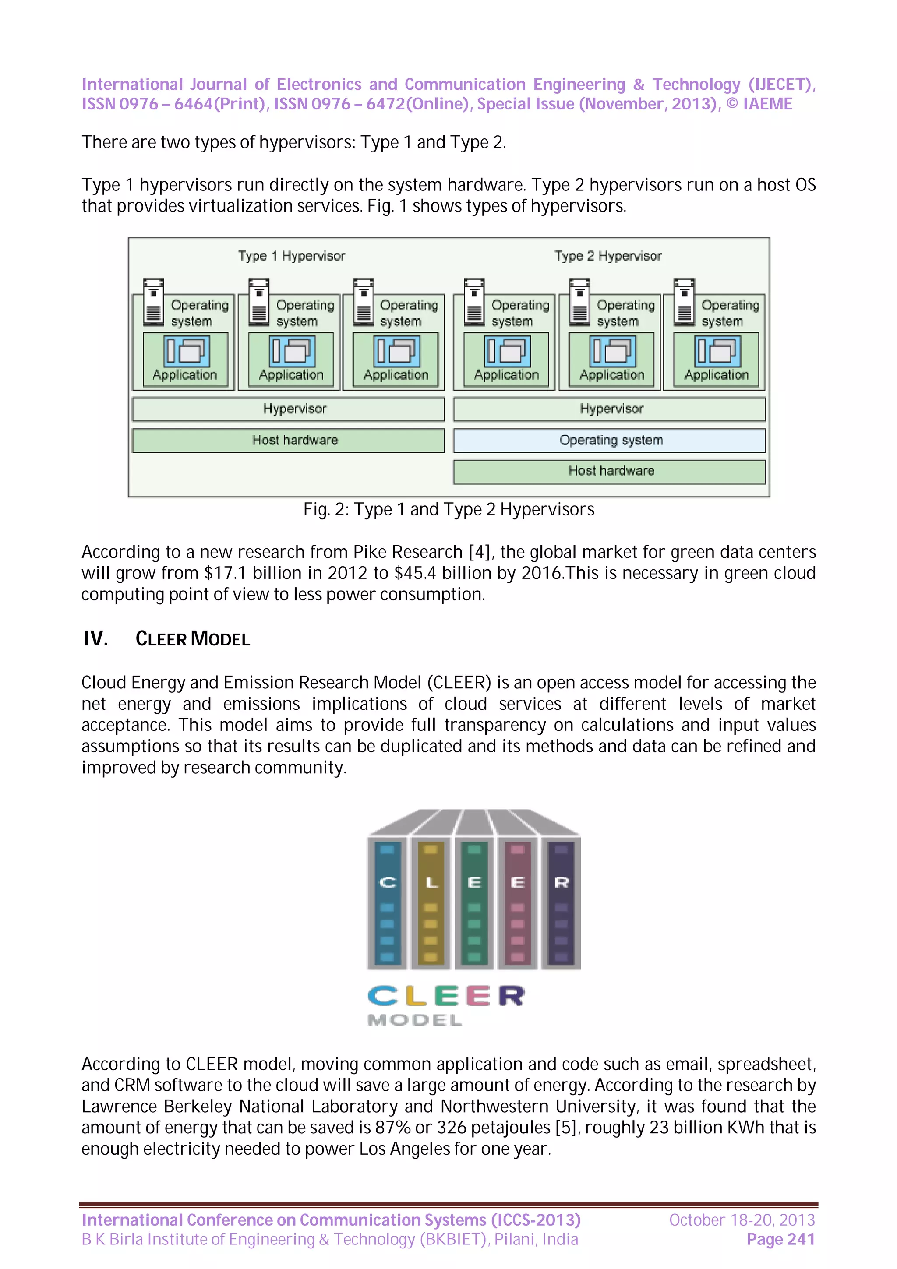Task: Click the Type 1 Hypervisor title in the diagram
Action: point(291,256)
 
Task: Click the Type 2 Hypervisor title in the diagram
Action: point(608,256)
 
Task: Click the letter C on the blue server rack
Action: point(388,883)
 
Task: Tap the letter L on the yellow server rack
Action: point(431,883)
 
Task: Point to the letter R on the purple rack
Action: point(561,883)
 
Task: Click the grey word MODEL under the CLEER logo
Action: point(414,1020)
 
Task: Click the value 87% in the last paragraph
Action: point(392,1128)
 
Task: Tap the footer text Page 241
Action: point(780,1240)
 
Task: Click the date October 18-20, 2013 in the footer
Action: point(742,1220)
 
